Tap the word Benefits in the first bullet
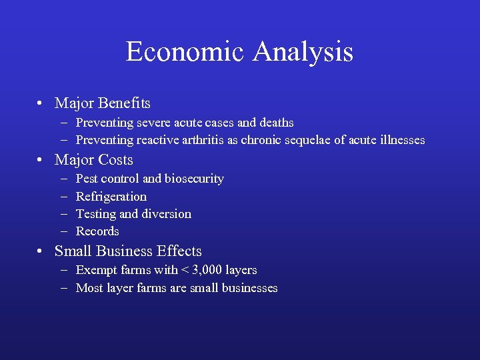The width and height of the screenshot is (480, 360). [x=124, y=103]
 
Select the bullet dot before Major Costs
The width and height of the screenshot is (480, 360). [x=41, y=160]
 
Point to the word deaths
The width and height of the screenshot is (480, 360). [x=276, y=123]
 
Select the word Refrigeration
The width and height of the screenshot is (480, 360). [x=111, y=196]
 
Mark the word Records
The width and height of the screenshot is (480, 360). [x=97, y=231]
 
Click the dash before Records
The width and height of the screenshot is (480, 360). [x=63, y=231]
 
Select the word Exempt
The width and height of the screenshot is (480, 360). [x=95, y=270]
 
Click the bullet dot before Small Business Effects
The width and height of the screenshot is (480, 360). [x=41, y=251]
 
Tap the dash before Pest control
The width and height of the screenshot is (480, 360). [x=63, y=179]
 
